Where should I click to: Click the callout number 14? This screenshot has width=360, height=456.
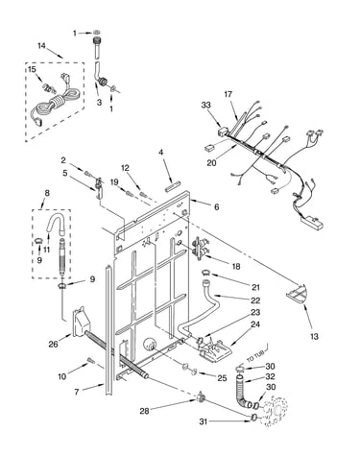point(41,46)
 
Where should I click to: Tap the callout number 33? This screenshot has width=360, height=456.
point(206,105)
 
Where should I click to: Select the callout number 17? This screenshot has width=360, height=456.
point(228,94)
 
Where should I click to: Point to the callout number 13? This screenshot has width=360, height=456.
point(315,336)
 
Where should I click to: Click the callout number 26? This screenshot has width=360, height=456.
point(54,345)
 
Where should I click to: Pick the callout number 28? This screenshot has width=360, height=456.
point(144,411)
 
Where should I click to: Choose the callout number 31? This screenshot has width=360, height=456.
point(204,421)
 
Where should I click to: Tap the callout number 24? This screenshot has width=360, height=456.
point(255,324)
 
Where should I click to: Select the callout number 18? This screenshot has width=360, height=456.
point(236,266)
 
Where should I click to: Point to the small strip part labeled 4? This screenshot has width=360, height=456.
point(173,186)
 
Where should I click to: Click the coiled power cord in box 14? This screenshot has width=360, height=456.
point(55,103)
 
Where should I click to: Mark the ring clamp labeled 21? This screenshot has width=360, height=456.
point(205,273)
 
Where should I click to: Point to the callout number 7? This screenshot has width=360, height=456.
point(77,392)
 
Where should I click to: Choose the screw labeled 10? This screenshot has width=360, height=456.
point(90,361)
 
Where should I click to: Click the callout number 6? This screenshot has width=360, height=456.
point(217,207)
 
